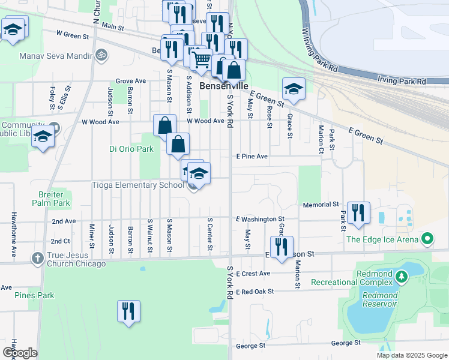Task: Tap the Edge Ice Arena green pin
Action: coord(427,239)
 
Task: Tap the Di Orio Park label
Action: coord(131,149)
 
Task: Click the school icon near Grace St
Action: coord(293,89)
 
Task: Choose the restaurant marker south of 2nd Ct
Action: coord(128,311)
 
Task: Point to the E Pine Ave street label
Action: coord(252,157)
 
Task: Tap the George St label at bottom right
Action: coord(345,343)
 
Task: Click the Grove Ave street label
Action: coord(131,81)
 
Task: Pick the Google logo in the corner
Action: coord(20,353)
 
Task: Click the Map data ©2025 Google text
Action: coord(411,355)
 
